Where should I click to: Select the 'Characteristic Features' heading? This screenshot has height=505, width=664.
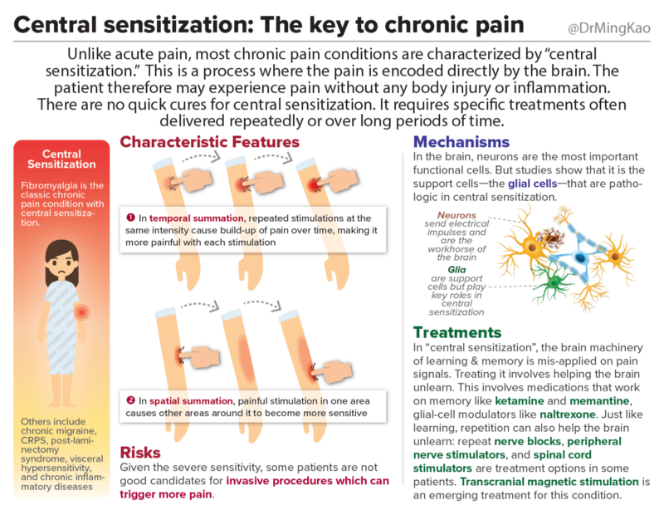click(209, 141)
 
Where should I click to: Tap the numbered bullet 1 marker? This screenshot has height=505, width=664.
click(129, 217)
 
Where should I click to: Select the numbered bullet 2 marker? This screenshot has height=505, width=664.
click(129, 400)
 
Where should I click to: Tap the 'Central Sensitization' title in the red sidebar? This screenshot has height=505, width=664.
click(62, 159)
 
